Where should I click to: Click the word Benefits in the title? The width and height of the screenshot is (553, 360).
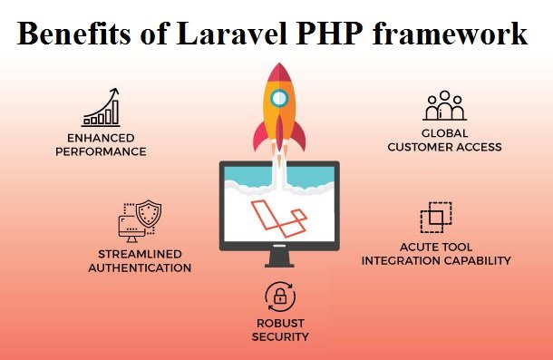pyautogui.click(x=72, y=34)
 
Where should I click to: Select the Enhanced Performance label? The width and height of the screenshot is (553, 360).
pyautogui.click(x=101, y=145)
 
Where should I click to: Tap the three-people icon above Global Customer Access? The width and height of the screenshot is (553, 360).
pyautogui.click(x=444, y=106)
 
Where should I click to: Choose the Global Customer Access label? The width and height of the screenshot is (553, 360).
pyautogui.click(x=444, y=141)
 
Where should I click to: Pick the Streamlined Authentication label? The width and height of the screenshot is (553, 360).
pyautogui.click(x=145, y=261)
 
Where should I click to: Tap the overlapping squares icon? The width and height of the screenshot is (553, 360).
pyautogui.click(x=436, y=219)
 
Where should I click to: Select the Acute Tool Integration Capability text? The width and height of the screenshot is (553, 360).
pyautogui.click(x=436, y=254)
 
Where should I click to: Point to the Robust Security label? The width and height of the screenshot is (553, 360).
pyautogui.click(x=280, y=330)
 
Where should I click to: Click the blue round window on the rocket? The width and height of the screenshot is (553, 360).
pyautogui.click(x=280, y=98)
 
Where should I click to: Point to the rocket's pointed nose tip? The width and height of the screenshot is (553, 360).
pyautogui.click(x=280, y=64)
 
